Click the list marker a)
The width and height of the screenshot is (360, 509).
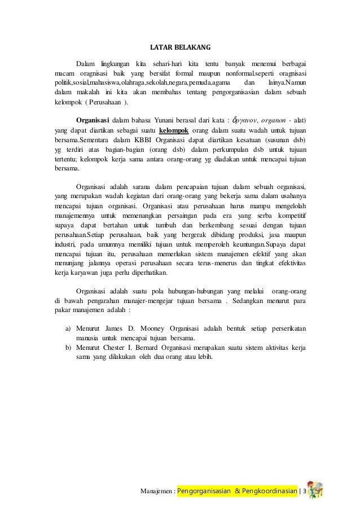[x=68, y=327]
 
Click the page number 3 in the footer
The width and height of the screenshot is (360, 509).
[x=305, y=492]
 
